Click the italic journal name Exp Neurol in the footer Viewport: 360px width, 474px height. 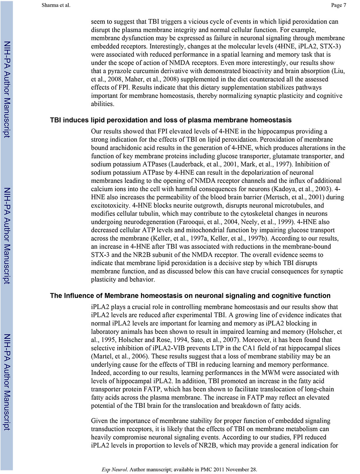click(x=114, y=469)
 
